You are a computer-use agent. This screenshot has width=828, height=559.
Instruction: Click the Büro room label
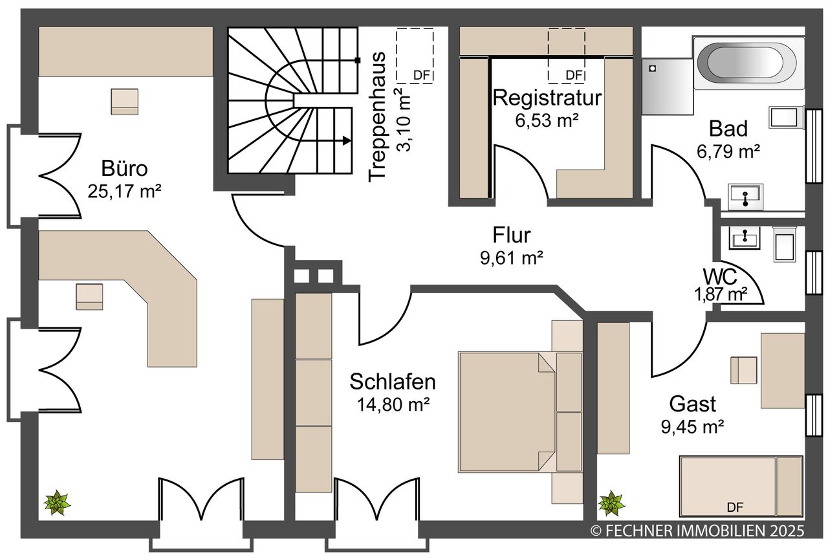tap(125, 169)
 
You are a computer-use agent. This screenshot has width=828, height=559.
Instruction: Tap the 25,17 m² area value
tap(124, 192)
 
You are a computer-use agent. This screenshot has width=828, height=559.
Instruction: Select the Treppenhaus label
tap(377, 117)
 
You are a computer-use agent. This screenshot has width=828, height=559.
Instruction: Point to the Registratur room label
tap(547, 98)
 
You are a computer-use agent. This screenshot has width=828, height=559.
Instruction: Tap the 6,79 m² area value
tap(728, 151)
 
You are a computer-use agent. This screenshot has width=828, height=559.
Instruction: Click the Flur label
tap(512, 235)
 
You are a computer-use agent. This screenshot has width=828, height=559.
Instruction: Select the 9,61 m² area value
tap(512, 258)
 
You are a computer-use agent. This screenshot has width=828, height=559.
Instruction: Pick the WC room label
tap(720, 276)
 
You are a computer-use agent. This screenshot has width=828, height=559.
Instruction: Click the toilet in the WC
tap(784, 245)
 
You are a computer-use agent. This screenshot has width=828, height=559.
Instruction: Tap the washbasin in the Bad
tap(746, 197)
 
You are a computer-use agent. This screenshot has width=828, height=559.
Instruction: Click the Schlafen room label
tap(393, 382)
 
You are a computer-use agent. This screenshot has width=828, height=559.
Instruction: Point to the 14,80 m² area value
tap(393, 404)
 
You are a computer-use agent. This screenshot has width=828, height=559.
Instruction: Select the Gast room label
tap(692, 404)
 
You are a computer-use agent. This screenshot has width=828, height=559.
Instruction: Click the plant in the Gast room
tap(612, 503)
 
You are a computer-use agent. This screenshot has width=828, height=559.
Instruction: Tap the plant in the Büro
tap(58, 503)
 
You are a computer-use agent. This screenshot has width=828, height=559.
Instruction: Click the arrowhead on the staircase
tap(346, 140)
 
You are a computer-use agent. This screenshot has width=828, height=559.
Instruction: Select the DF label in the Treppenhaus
tap(422, 76)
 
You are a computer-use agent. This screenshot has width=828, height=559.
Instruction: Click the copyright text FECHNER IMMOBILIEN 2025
tap(697, 531)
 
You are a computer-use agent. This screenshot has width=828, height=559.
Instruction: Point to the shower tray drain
tap(653, 69)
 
